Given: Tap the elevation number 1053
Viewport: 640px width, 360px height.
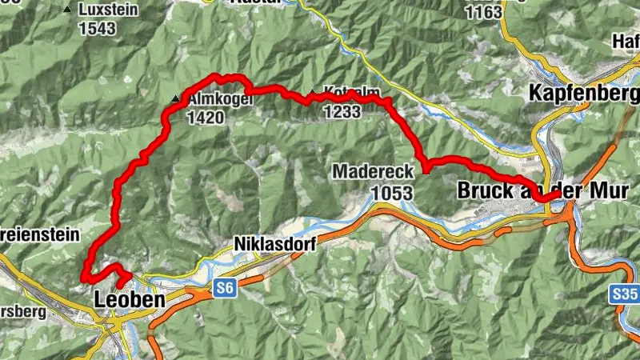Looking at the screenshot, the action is [x=391, y=194].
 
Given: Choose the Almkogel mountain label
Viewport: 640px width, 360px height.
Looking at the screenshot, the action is [x=210, y=99].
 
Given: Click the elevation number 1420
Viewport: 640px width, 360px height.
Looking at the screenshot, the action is [x=206, y=118].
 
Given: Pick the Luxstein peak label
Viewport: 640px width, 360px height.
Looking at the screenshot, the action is [x=110, y=10].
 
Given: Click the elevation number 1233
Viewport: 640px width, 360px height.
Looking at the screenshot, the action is [x=343, y=113].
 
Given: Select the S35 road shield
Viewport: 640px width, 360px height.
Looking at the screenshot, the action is [x=626, y=294].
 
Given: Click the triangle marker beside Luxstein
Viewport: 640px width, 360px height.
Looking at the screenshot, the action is [x=66, y=11].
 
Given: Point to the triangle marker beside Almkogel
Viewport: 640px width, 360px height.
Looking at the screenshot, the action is [x=175, y=99].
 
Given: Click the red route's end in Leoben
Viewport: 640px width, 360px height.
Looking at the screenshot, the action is [x=121, y=285].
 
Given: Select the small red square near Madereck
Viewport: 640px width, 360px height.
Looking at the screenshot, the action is [x=426, y=169].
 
